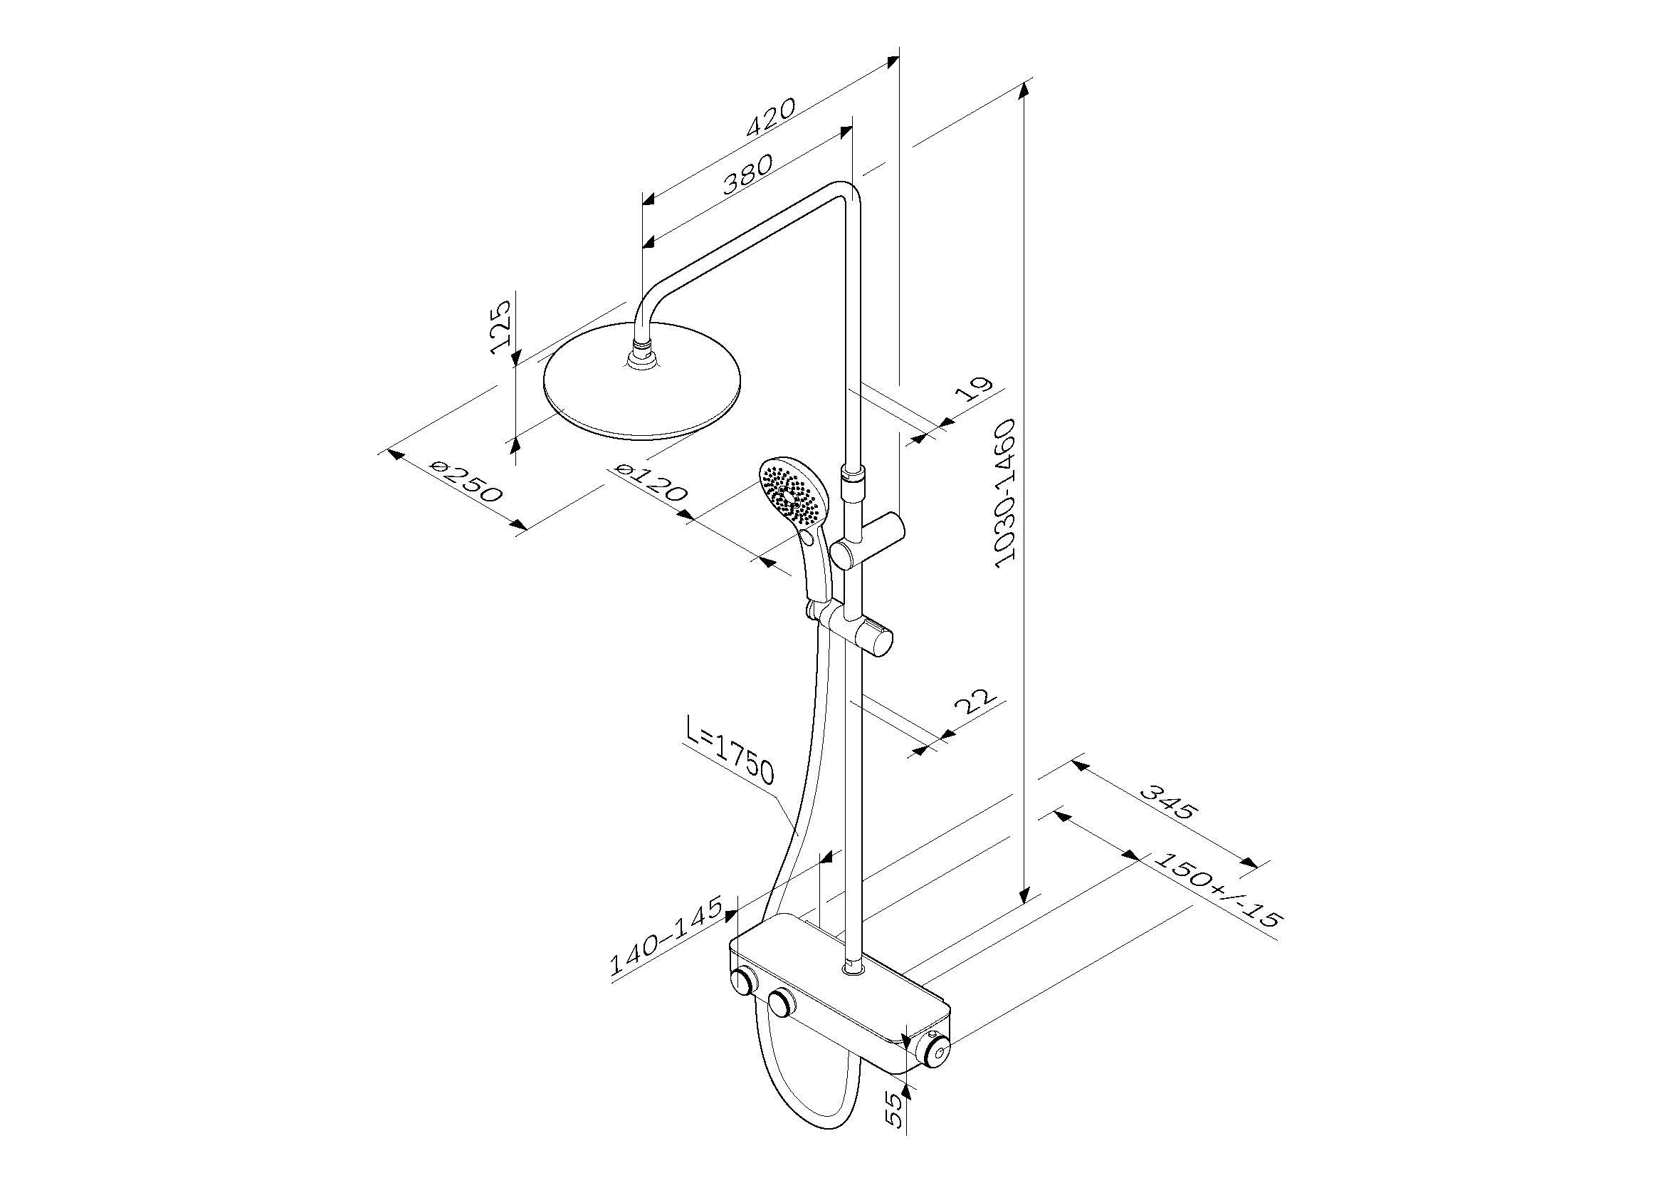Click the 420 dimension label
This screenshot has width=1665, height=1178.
coord(772,116)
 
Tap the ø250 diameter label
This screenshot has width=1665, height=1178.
coord(465,481)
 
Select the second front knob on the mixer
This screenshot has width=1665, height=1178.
coord(781,1004)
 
